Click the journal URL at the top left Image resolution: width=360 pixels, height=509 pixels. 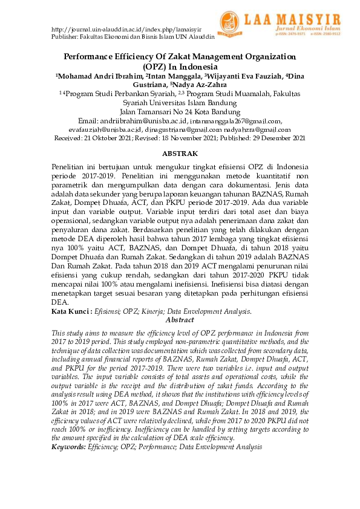click(127, 30)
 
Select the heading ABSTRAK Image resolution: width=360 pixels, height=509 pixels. click(180, 154)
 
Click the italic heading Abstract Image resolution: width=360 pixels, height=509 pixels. click(180, 320)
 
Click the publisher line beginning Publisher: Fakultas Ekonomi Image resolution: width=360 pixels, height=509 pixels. click(133, 37)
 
